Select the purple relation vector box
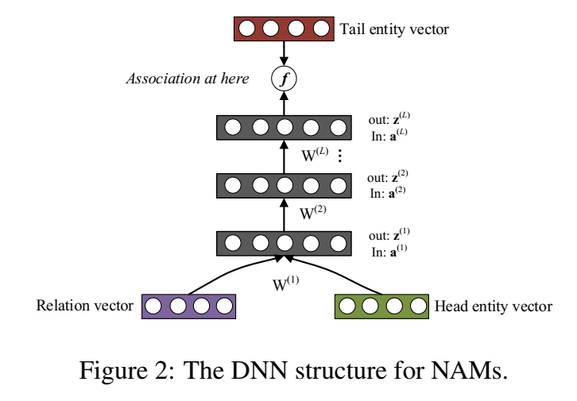click(188, 306)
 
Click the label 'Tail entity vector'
click(394, 30)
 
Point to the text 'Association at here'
click(188, 79)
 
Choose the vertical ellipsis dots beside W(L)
click(340, 156)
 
